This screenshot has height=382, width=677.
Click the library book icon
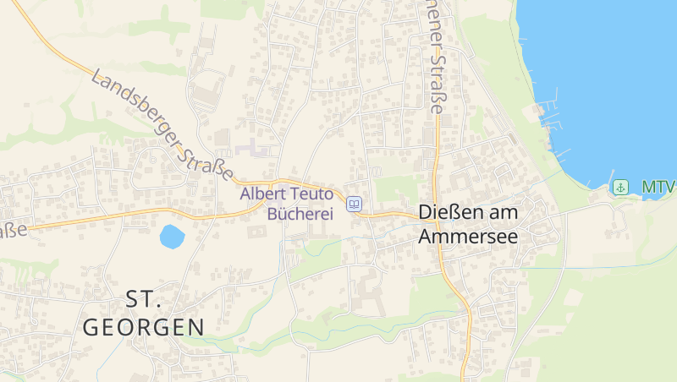[x=355, y=204]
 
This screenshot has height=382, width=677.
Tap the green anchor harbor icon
[x=620, y=187]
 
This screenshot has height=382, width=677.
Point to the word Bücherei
[x=300, y=214]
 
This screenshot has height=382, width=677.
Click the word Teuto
[x=313, y=194]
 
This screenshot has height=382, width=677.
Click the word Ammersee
[x=468, y=237]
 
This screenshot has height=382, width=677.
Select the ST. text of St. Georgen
[x=143, y=299]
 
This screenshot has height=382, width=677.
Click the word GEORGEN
[x=144, y=327]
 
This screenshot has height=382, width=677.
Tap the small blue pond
[x=172, y=236]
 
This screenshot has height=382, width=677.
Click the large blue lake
[x=609, y=76]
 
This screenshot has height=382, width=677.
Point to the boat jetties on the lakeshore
[x=554, y=127]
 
